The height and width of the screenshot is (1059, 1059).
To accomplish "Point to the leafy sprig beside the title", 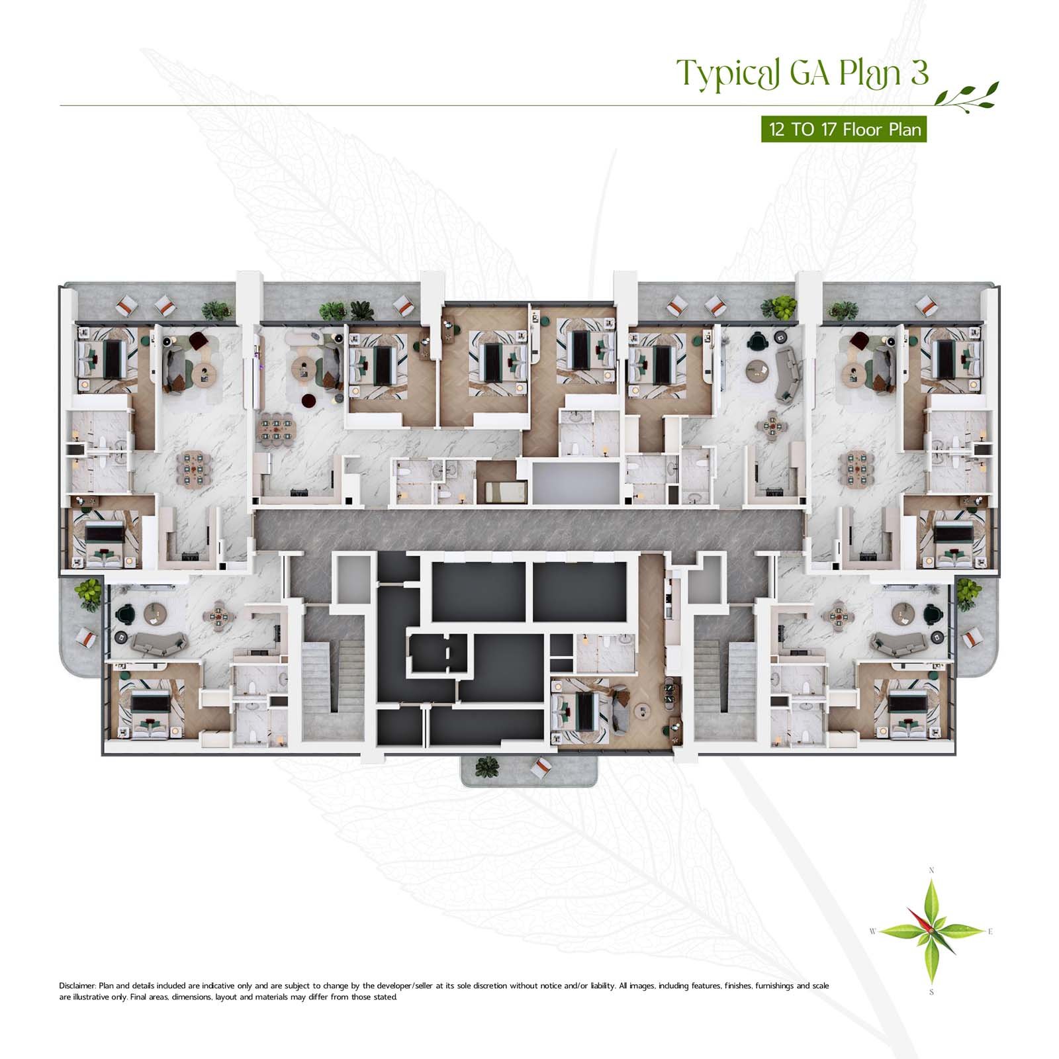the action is (x=966, y=96).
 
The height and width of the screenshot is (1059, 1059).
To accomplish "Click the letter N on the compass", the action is (x=931, y=870).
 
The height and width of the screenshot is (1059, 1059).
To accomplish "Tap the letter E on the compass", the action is (x=990, y=932).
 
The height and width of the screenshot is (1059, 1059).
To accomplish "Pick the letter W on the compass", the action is (x=873, y=932).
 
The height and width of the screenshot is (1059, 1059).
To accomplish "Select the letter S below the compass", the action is (x=931, y=992).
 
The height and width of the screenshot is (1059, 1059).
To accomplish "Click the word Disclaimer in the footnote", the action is (x=77, y=986).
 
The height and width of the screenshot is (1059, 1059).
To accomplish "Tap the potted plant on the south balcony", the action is (x=487, y=766).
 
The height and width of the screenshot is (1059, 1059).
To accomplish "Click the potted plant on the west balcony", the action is (x=89, y=594).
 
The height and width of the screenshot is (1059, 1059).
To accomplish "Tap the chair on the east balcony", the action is (x=971, y=639).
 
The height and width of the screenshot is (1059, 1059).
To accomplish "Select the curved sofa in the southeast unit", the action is (x=899, y=641).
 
